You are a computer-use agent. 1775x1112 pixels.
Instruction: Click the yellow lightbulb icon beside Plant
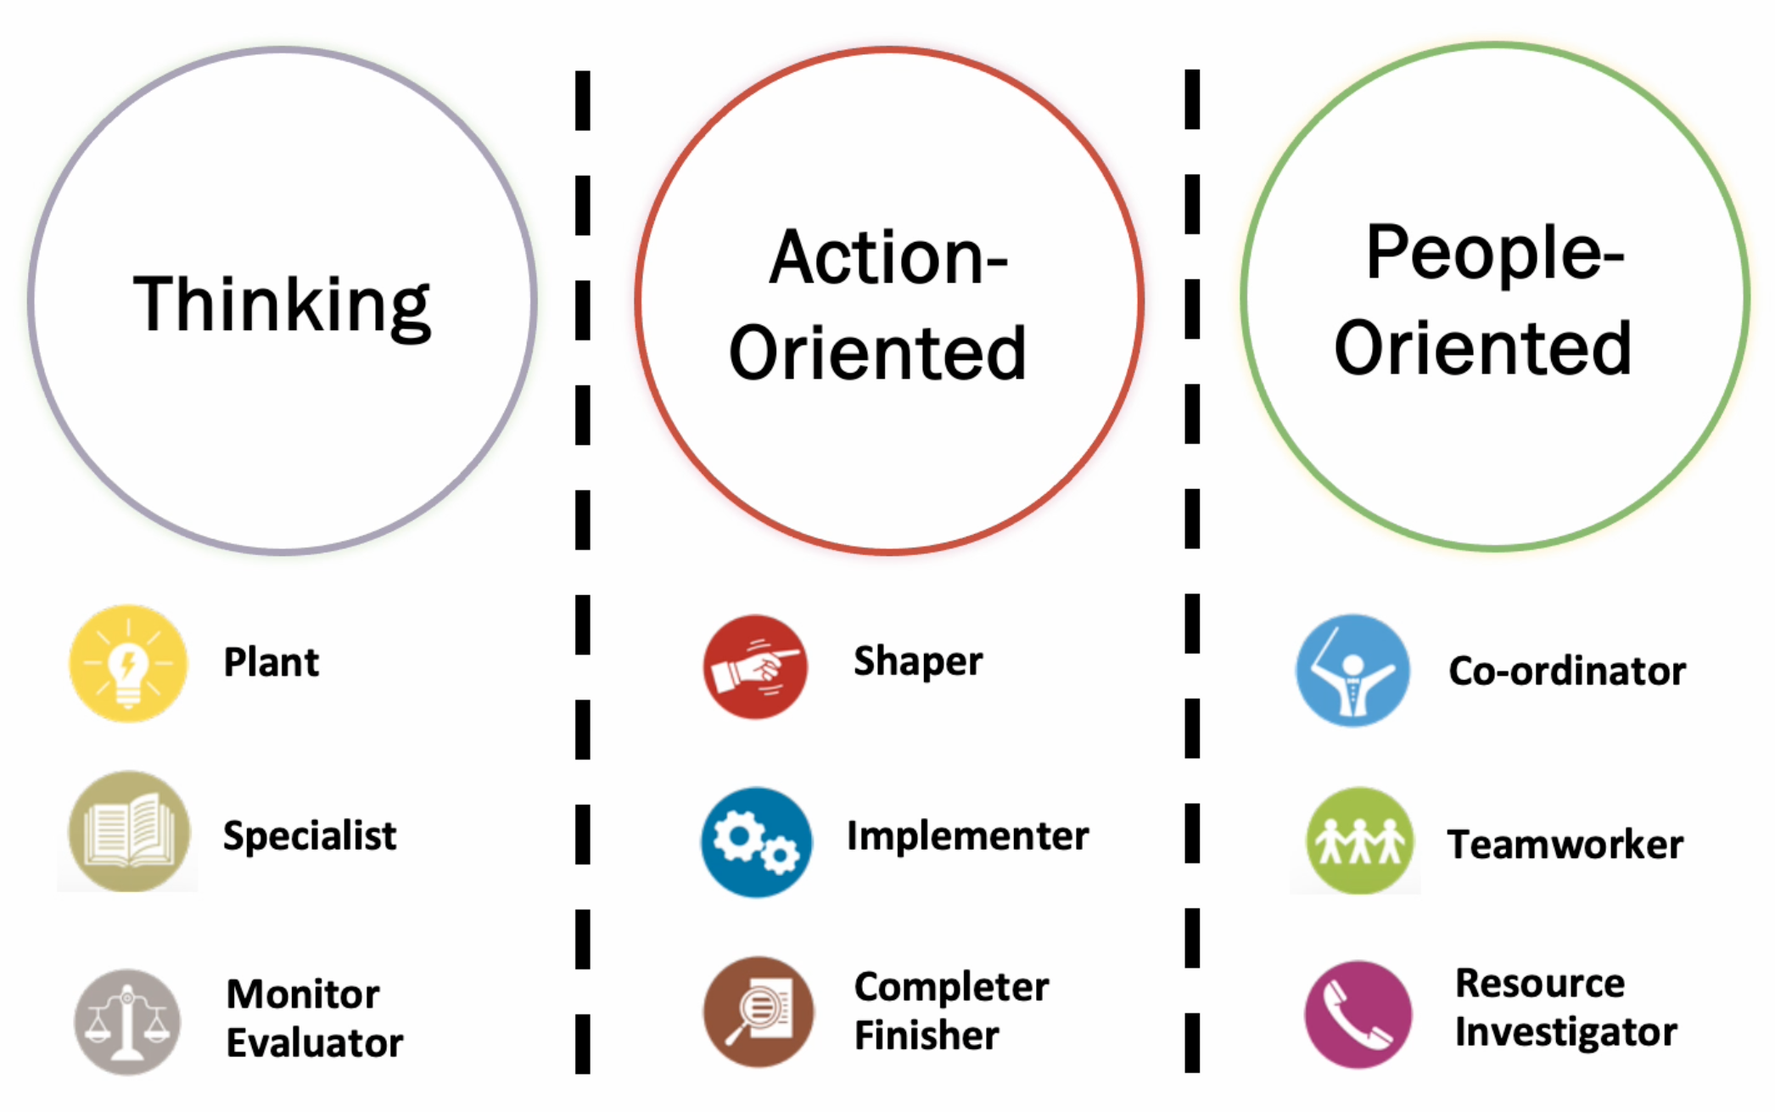tap(128, 663)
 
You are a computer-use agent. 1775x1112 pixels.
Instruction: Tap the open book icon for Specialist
tap(129, 831)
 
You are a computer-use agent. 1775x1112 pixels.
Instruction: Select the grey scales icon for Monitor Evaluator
tap(127, 1022)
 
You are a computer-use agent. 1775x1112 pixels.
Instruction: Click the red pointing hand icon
tap(754, 666)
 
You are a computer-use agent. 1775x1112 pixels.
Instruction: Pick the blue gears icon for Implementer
tap(755, 842)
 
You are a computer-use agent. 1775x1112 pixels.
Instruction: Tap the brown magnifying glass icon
tap(758, 1012)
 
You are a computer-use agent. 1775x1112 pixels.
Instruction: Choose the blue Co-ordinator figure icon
tap(1352, 671)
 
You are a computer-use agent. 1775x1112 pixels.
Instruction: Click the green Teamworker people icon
tap(1359, 841)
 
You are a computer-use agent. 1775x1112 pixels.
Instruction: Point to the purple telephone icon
tap(1358, 1014)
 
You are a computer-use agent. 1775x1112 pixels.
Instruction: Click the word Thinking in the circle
tap(282, 306)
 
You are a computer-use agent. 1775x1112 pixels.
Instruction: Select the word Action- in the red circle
tap(887, 258)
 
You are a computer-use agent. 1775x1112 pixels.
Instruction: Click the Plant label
tap(271, 663)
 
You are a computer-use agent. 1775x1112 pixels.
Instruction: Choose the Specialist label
tap(310, 836)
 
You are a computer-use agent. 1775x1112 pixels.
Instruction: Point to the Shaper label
tap(918, 661)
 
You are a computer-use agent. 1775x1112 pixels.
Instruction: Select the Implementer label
tap(967, 836)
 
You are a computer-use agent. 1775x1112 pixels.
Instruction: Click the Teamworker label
tap(1565, 845)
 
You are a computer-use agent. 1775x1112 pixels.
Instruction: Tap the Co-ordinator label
tap(1567, 671)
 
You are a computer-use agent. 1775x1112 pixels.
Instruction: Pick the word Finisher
tap(927, 1036)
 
